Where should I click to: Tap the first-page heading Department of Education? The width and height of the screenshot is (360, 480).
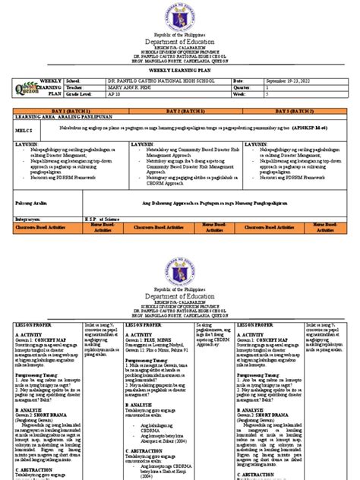click(x=179, y=43)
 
